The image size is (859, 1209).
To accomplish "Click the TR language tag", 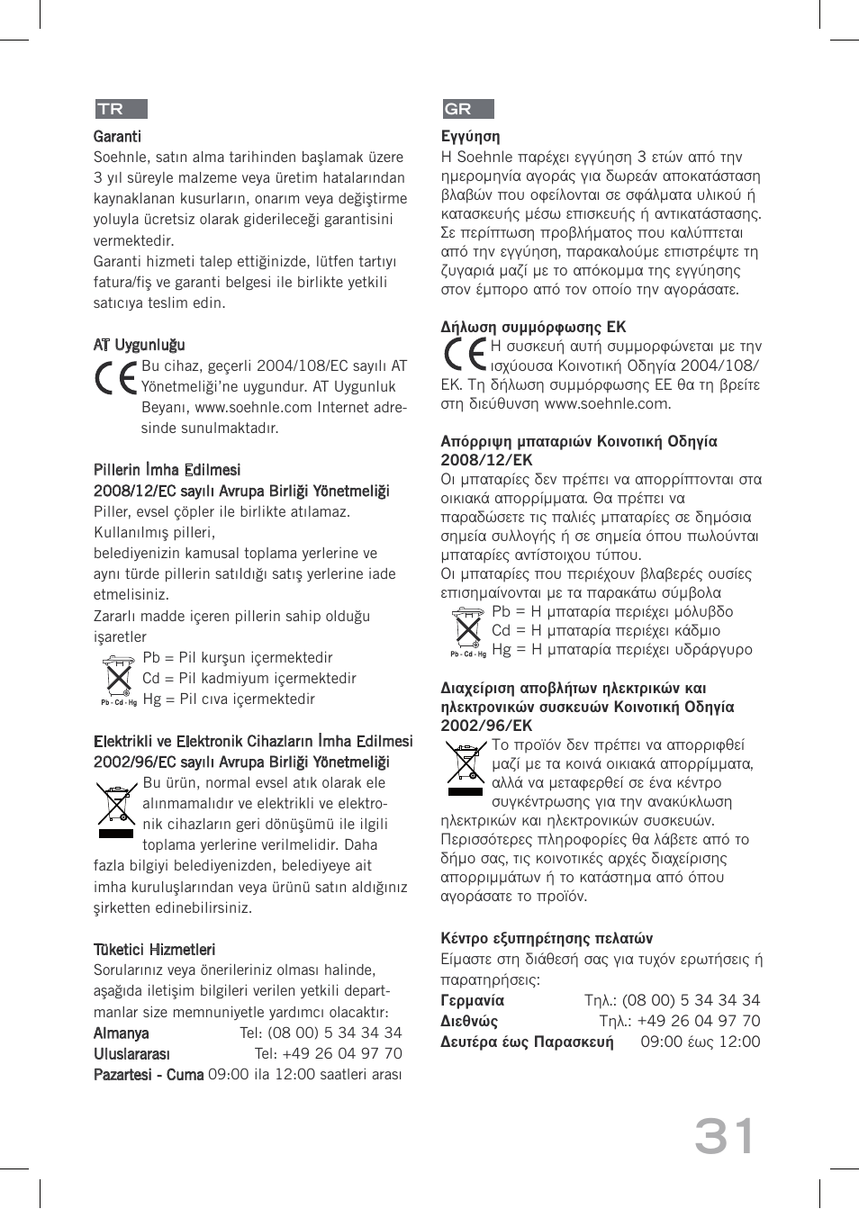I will pyautogui.click(x=121, y=109).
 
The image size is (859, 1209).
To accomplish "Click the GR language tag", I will pyautogui.click(x=467, y=109).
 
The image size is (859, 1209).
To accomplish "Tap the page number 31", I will pyautogui.click(x=725, y=1137).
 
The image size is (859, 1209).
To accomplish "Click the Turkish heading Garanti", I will pyautogui.click(x=117, y=137).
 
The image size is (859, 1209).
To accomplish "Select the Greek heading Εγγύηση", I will pyautogui.click(x=470, y=137).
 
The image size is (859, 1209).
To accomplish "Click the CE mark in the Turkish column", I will pyautogui.click(x=116, y=377).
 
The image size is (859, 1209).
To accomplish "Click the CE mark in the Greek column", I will pyautogui.click(x=465, y=356).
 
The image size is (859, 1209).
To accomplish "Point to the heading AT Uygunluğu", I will pyautogui.click(x=140, y=345).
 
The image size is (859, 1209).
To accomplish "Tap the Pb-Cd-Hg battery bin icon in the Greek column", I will pyautogui.click(x=467, y=630).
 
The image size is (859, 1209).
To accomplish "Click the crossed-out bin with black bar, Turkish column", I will pyautogui.click(x=116, y=808).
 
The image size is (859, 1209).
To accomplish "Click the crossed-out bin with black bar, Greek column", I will pyautogui.click(x=466, y=768).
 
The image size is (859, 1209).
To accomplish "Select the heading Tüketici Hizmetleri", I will pyautogui.click(x=154, y=950).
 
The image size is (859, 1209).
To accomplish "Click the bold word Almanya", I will pyautogui.click(x=121, y=1033).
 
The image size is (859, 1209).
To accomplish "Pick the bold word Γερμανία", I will pyautogui.click(x=472, y=1000).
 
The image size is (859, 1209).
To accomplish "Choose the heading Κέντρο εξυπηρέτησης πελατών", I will pyautogui.click(x=547, y=938).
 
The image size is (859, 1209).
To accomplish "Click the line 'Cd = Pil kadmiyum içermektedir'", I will pyautogui.click(x=249, y=679).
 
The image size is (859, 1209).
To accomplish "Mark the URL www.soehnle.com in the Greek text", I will pyautogui.click(x=607, y=403).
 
